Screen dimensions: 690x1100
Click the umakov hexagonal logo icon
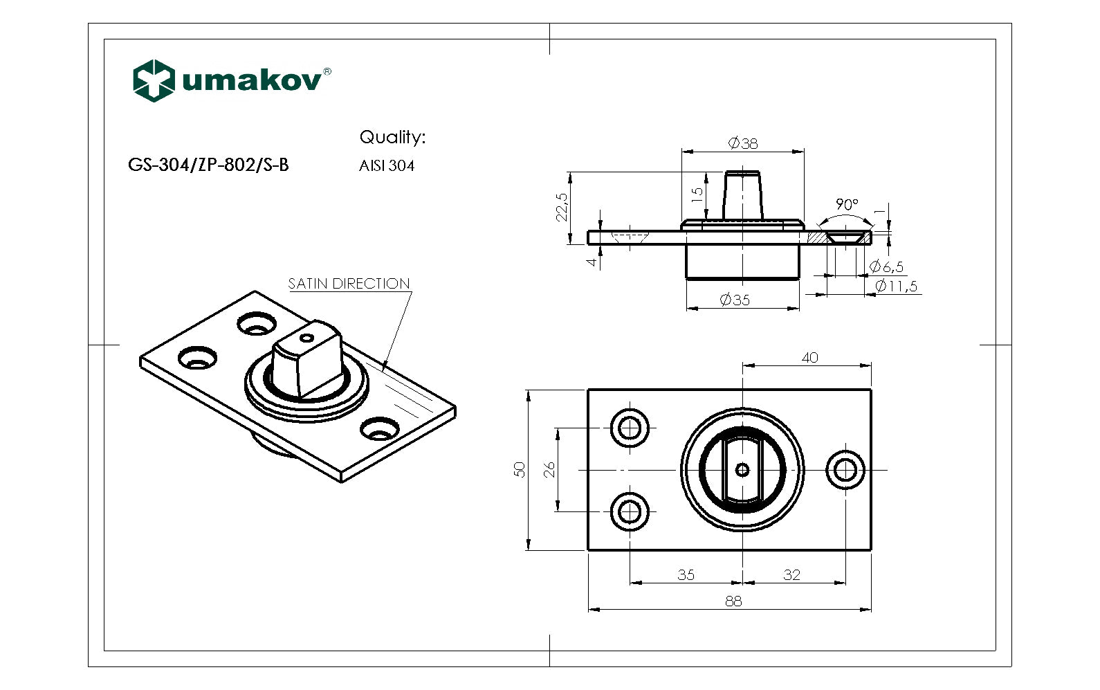click(153, 81)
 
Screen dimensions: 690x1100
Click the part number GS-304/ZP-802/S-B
click(208, 165)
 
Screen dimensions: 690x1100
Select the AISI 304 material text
click(387, 165)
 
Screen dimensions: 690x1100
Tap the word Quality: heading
click(392, 137)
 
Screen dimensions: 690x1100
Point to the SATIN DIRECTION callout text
click(349, 284)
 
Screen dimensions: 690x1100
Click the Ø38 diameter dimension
click(743, 143)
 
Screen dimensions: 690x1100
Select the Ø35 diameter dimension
click(735, 300)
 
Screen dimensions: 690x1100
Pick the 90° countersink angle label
click(846, 205)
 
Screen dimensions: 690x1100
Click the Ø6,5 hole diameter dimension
click(886, 266)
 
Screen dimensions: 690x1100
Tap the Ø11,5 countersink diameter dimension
click(896, 286)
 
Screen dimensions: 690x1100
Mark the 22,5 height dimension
click(562, 206)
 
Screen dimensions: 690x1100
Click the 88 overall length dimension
click(733, 601)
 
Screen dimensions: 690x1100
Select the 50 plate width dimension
click(520, 469)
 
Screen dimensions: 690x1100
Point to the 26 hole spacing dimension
click(549, 470)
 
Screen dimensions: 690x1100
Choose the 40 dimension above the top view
click(809, 357)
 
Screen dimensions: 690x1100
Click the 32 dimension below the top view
click(791, 574)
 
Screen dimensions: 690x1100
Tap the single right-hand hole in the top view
click(845, 470)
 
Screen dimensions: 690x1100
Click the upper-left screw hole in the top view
click(630, 428)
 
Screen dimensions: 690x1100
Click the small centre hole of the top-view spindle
click(742, 470)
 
